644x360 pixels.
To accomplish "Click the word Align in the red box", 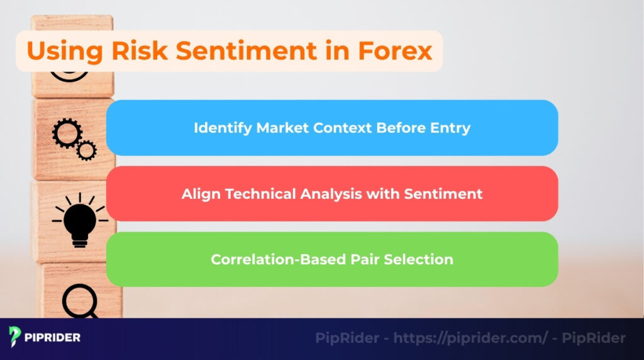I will click(x=199, y=194).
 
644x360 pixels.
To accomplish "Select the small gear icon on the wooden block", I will click(x=86, y=150).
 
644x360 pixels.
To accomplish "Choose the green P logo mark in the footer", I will click(x=15, y=338).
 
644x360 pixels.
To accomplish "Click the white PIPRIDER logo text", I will click(x=53, y=338).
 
